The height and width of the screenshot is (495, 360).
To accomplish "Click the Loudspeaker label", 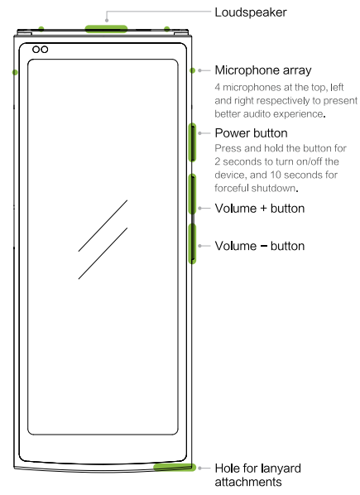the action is (x=251, y=12).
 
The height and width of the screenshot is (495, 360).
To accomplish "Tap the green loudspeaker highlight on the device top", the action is (x=106, y=29).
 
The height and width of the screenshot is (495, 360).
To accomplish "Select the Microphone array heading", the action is (x=263, y=70).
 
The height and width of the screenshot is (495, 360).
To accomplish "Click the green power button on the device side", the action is (x=192, y=142).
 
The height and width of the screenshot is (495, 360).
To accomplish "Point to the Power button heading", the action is (x=251, y=133).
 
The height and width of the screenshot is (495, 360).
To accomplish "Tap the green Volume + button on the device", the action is (x=192, y=195).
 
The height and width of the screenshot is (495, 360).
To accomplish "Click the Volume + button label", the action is (x=260, y=209).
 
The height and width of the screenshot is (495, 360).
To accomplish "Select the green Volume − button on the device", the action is (x=192, y=243).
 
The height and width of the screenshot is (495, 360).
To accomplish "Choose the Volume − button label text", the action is (x=260, y=246).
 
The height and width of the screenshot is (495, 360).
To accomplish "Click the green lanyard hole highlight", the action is (x=175, y=467).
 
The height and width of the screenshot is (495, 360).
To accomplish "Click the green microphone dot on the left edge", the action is (x=15, y=73).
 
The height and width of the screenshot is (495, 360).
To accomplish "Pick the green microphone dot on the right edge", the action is (x=193, y=70).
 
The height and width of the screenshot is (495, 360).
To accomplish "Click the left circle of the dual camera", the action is (x=36, y=50).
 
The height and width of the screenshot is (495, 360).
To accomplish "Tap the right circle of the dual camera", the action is (x=45, y=50).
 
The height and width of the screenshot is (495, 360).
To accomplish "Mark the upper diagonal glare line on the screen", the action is (x=103, y=226).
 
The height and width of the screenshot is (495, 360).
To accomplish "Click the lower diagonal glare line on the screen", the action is (x=103, y=253).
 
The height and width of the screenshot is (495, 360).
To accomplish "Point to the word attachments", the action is (x=248, y=482).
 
